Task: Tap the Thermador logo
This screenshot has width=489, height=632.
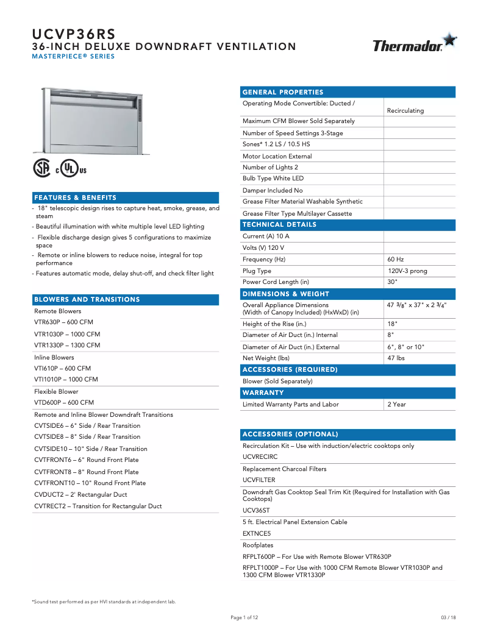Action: (414, 44)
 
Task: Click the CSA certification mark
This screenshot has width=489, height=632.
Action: (42, 168)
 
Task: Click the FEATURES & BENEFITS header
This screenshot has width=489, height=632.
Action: (76, 198)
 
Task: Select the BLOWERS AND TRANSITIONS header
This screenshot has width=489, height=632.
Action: (87, 300)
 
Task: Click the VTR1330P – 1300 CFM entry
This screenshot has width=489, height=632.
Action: (67, 346)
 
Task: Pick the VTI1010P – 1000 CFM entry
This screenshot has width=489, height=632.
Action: (66, 380)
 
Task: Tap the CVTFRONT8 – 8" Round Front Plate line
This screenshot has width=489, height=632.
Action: (86, 472)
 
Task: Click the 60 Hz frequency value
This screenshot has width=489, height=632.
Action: (396, 260)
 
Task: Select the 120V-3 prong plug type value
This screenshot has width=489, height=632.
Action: (408, 271)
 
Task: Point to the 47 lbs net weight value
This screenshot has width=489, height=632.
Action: (396, 358)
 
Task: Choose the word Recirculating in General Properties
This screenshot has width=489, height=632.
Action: (405, 111)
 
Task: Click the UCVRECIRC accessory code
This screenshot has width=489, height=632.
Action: (260, 456)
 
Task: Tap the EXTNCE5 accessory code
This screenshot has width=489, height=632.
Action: (257, 533)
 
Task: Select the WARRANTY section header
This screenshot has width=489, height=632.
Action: (263, 393)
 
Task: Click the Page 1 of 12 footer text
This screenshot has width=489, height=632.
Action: (245, 617)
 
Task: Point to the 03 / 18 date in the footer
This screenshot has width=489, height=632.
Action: (448, 617)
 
